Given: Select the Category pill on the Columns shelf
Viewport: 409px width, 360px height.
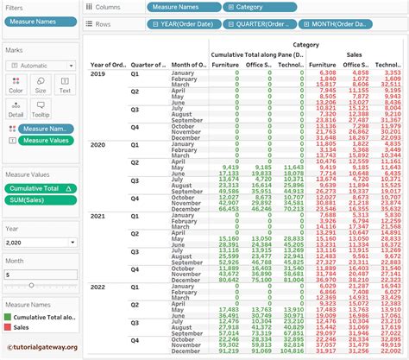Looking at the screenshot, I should coord(255,6).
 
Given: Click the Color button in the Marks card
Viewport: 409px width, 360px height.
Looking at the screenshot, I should coord(16,83).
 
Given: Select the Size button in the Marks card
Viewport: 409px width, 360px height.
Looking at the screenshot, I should coord(41,83).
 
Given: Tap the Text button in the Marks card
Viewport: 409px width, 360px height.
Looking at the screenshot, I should coord(65,83).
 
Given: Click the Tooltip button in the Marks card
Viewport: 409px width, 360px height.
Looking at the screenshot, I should coord(41,108).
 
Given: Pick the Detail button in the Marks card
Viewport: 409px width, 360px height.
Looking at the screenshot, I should coord(16,108).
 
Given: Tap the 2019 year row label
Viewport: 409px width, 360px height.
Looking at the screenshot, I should coord(98,73).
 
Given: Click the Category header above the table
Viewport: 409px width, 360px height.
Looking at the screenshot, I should coord(305,44).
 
